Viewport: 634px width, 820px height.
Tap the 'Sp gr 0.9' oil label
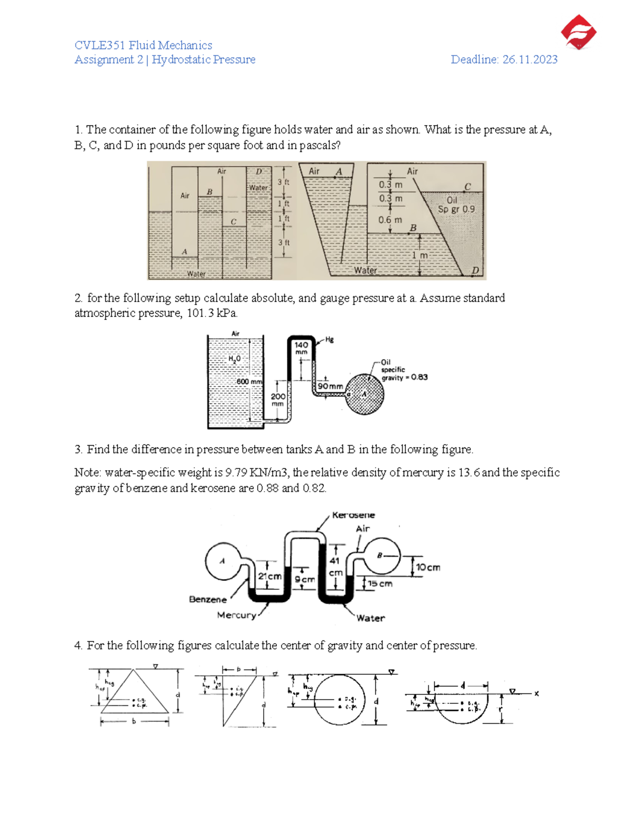[456, 209]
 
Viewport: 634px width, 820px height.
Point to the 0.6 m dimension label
[390, 220]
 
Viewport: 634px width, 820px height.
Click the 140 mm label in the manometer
[301, 348]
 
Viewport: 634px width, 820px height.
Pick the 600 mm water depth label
[249, 382]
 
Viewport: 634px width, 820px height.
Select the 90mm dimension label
[330, 387]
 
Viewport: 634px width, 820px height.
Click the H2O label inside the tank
[234, 359]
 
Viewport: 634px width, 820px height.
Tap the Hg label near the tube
[329, 340]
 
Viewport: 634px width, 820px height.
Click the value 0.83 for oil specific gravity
[419, 377]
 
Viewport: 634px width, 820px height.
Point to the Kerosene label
[353, 515]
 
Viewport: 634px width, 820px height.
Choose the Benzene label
[208, 599]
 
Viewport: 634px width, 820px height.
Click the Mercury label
[236, 615]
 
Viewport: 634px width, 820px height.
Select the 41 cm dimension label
[335, 567]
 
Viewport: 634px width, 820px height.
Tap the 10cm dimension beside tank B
[428, 568]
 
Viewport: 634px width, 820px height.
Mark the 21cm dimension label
[269, 577]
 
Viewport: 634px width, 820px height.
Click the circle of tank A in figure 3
[222, 561]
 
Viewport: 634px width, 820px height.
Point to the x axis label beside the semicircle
[536, 693]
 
